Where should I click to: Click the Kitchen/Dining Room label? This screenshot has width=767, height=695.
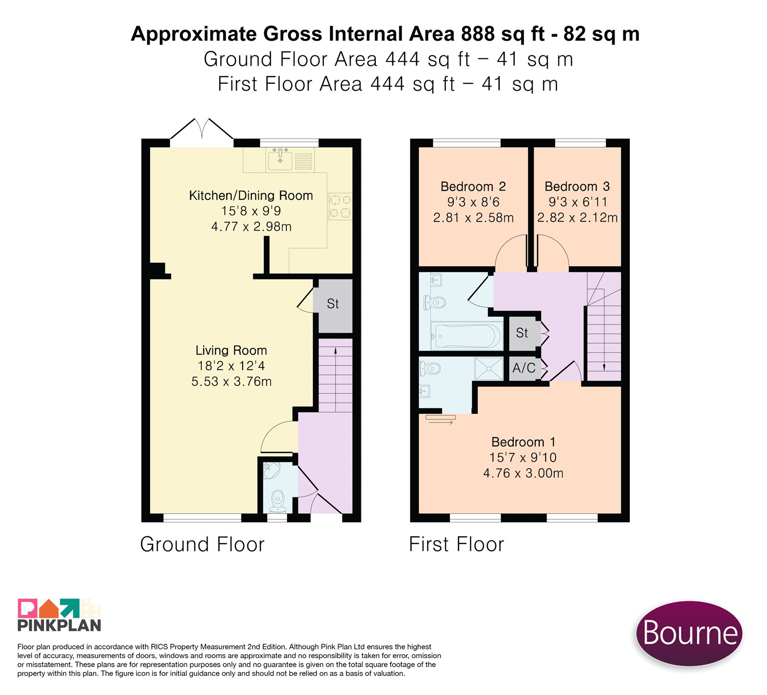click(251, 196)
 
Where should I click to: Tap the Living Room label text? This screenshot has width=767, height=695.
click(231, 350)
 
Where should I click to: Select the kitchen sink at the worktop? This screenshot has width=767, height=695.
click(280, 159)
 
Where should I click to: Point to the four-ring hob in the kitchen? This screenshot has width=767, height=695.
click(339, 206)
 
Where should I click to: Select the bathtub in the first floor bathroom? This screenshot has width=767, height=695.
click(466, 336)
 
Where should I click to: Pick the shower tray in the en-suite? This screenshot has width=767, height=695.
click(488, 369)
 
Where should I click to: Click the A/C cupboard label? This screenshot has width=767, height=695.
click(523, 368)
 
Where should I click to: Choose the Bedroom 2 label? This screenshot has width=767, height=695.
click(473, 186)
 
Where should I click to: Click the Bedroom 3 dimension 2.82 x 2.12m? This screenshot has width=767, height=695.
click(577, 218)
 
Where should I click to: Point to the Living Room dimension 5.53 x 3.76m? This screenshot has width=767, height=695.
click(232, 382)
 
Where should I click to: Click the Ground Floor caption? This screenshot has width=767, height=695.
click(202, 544)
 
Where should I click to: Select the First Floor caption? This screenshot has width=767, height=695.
click(456, 544)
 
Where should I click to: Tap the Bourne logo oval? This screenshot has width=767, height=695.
click(689, 633)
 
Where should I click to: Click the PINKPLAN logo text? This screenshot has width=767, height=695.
click(59, 625)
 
